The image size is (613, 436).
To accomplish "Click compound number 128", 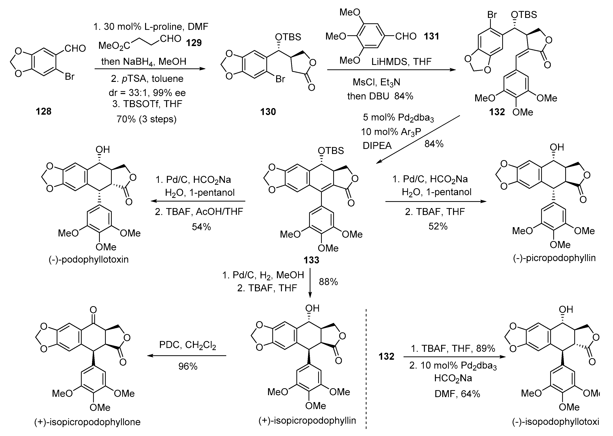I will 44,111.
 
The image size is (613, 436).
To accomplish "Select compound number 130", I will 268,111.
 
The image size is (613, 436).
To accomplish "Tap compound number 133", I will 311,260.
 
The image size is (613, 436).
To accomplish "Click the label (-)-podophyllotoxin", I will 89,259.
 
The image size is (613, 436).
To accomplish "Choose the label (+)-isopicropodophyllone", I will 87,422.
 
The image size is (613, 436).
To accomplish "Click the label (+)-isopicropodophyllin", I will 307,420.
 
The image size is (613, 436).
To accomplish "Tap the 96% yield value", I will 188,366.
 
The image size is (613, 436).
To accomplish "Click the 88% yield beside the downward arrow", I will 328,282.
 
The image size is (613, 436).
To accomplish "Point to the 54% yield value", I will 201,227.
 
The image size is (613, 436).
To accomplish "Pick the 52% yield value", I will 438,226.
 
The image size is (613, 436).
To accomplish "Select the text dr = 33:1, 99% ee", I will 147,93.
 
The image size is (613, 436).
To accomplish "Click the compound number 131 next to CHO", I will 431,36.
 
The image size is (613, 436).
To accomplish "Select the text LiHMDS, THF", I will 401,62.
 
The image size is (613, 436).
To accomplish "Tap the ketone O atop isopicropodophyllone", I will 93,310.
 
